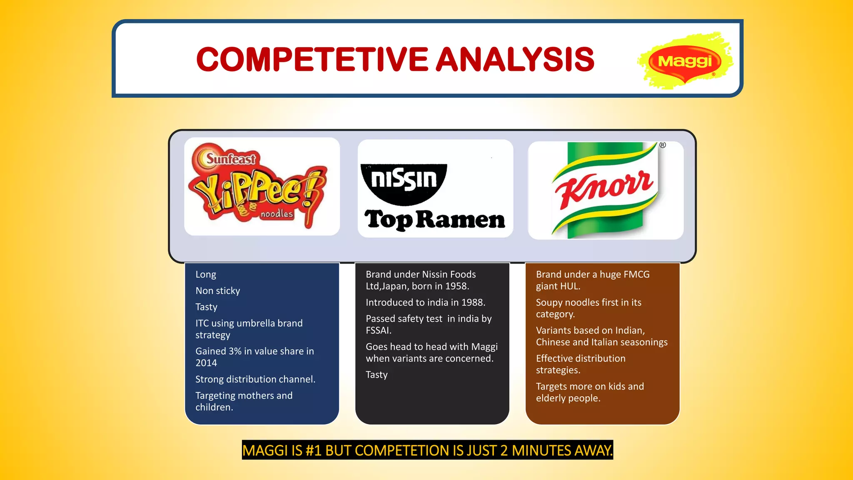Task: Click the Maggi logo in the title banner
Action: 685,61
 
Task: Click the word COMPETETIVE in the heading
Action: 312,59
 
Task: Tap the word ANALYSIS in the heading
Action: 515,59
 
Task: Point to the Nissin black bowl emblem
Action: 404,182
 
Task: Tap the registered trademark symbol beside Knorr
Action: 663,145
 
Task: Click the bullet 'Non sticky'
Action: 218,290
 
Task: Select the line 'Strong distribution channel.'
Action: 255,379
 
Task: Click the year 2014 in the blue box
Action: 206,363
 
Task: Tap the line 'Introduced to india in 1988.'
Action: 425,302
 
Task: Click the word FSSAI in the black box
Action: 378,330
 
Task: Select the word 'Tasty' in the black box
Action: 377,375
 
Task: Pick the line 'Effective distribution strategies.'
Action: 580,364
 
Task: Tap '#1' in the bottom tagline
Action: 313,450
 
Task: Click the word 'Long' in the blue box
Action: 206,275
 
